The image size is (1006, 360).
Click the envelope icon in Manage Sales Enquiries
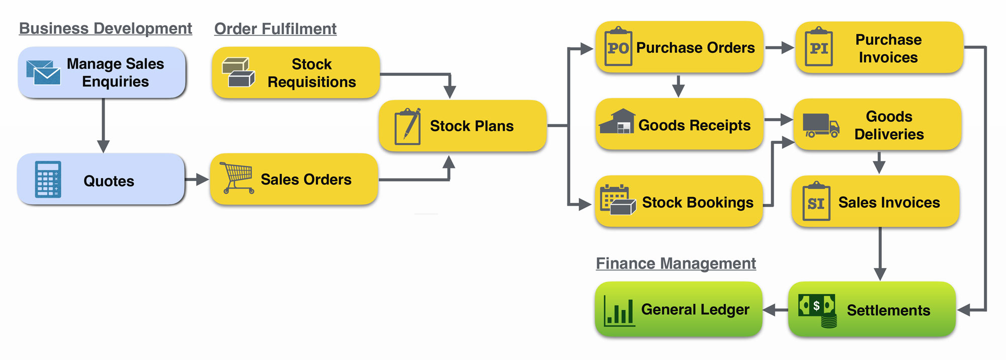click(x=44, y=72)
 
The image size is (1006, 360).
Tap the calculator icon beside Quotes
click(x=48, y=179)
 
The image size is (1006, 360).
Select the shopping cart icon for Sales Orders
click(x=237, y=177)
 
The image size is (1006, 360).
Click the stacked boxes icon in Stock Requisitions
click(x=238, y=72)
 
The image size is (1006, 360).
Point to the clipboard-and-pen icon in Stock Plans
click(x=407, y=126)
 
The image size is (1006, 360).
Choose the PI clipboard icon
click(x=819, y=47)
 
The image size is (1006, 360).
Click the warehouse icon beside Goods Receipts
click(x=617, y=122)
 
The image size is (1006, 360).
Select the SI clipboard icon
click(x=816, y=202)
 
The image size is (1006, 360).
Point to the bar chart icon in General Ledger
click(x=619, y=311)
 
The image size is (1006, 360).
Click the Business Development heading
click(x=106, y=29)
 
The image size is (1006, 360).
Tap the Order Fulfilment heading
click(x=275, y=29)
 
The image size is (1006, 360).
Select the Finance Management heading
click(x=676, y=263)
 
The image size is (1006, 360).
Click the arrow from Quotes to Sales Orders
click(x=197, y=179)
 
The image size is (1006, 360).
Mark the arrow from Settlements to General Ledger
click(x=775, y=310)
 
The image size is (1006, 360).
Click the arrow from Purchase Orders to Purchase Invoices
click(x=780, y=48)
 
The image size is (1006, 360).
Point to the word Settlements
click(x=888, y=311)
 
